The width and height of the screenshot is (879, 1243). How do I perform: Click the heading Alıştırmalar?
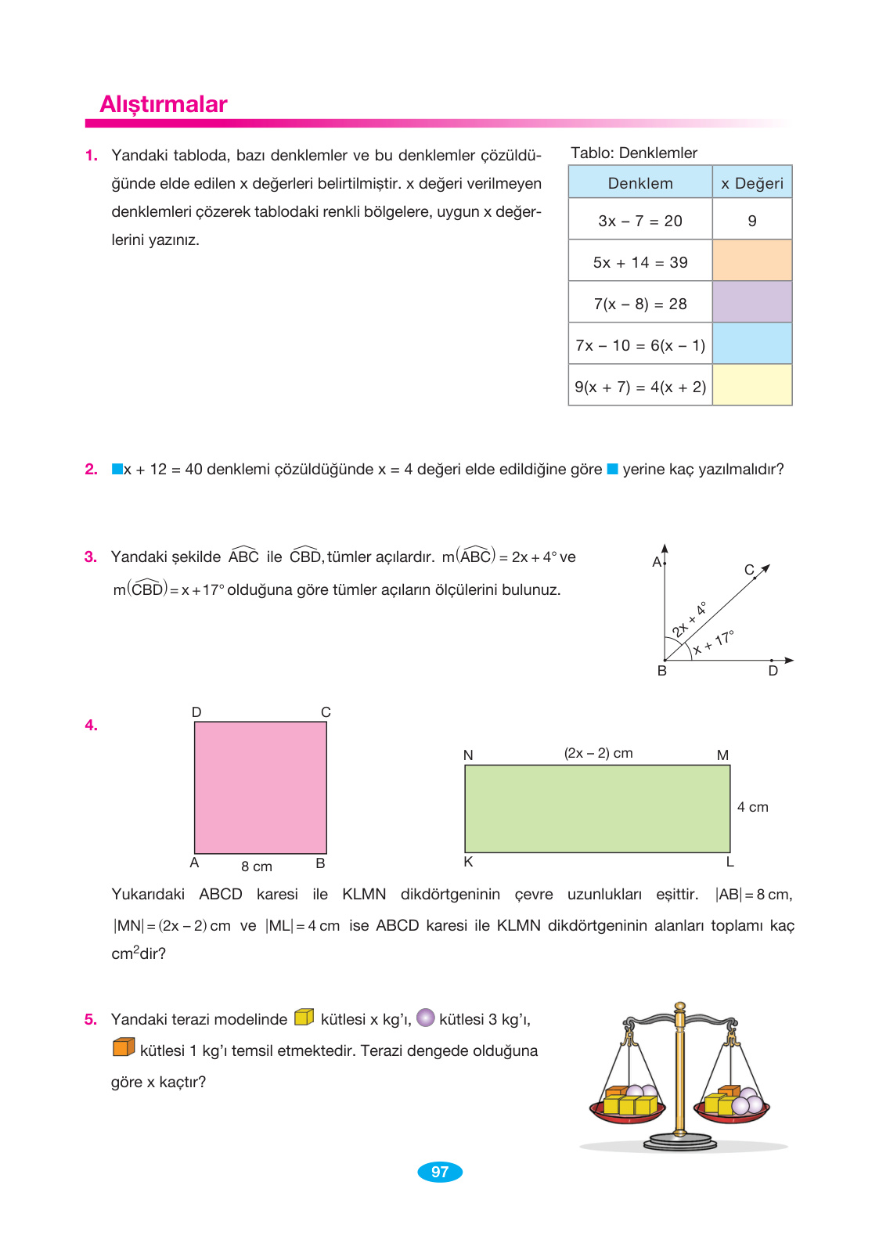[163, 104]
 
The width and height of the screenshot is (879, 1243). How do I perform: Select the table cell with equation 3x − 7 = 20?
[639, 221]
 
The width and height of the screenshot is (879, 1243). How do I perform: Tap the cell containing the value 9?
[752, 221]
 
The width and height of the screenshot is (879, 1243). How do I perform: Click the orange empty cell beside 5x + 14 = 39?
[752, 261]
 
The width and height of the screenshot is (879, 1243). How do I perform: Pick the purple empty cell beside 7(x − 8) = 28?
[752, 303]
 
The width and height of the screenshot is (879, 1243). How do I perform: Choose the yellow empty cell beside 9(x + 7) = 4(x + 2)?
[752, 385]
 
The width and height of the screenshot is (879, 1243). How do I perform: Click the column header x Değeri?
[752, 183]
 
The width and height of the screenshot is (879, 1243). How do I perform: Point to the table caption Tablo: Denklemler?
[633, 153]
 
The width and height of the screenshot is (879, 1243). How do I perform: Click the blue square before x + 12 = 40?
[117, 469]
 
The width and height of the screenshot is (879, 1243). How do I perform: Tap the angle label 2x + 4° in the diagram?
[689, 619]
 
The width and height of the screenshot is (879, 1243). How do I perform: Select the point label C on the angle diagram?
[748, 570]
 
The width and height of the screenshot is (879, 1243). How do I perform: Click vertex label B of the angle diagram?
[662, 671]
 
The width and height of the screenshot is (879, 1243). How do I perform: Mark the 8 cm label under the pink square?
[257, 866]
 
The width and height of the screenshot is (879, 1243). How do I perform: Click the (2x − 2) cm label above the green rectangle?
[598, 753]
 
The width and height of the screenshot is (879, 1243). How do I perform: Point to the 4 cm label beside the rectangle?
[752, 807]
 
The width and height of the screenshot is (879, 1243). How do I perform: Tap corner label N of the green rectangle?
[468, 755]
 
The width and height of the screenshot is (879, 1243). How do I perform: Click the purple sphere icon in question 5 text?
[426, 1018]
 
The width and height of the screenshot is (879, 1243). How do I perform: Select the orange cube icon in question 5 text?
[124, 1047]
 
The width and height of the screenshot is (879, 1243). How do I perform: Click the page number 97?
[440, 1172]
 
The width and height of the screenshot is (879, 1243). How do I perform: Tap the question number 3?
[91, 557]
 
